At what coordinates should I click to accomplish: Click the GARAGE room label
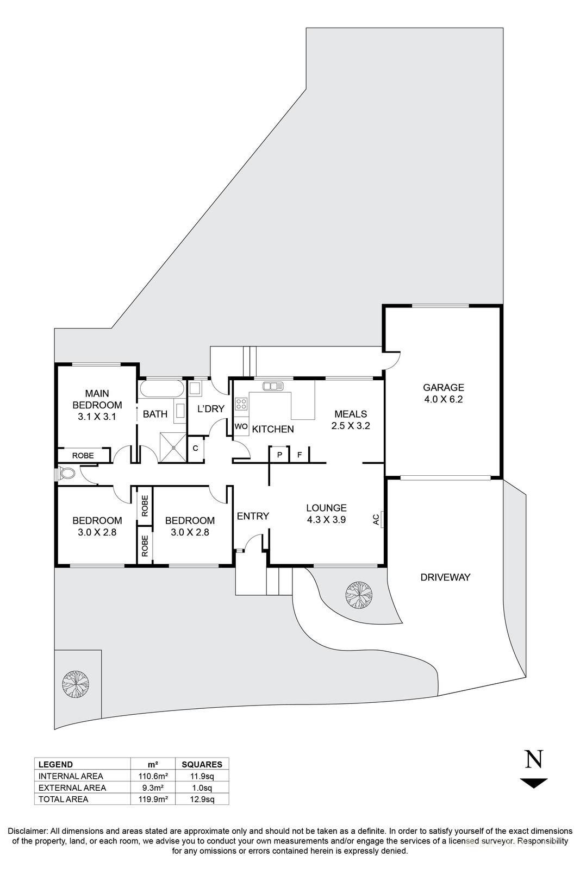(444, 387)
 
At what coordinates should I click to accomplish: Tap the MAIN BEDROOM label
(97, 399)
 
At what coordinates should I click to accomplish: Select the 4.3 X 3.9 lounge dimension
(326, 519)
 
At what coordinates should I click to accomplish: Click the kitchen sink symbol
(273, 386)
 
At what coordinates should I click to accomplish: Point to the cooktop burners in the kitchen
(241, 404)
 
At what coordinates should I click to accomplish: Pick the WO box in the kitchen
(241, 427)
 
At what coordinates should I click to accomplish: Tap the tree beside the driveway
(359, 594)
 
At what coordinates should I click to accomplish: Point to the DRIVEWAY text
(445, 577)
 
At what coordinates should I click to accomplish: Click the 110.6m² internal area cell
(153, 776)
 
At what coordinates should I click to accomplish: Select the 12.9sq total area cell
(202, 799)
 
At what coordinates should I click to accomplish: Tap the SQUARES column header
(202, 764)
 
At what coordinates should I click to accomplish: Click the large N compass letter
(533, 759)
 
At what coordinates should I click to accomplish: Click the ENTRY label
(253, 516)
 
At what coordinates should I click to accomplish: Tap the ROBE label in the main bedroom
(83, 456)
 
